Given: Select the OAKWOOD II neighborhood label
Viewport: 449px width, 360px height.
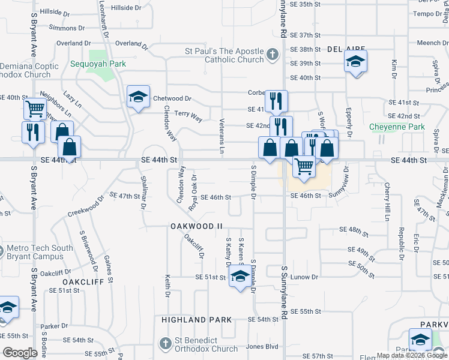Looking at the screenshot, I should pyautogui.click(x=196, y=226).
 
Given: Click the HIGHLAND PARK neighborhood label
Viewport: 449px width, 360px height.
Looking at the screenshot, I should pyautogui.click(x=196, y=320).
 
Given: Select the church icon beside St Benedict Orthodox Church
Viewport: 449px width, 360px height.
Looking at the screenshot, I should pyautogui.click(x=166, y=344).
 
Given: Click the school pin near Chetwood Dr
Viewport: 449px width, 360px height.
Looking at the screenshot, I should pyautogui.click(x=138, y=97).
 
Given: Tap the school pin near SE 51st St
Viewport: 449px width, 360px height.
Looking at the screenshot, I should pyautogui.click(x=240, y=277).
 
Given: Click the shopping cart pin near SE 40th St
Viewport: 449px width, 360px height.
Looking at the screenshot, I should pyautogui.click(x=35, y=109).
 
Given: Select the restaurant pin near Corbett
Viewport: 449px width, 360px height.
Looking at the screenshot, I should pyautogui.click(x=276, y=101).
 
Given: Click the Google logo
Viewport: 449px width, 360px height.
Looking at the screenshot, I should pyautogui.click(x=20, y=353).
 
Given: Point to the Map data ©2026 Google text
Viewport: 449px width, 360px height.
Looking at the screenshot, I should pyautogui.click(x=412, y=355).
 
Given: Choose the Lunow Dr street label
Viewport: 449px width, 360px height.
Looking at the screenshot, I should pyautogui.click(x=304, y=277).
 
